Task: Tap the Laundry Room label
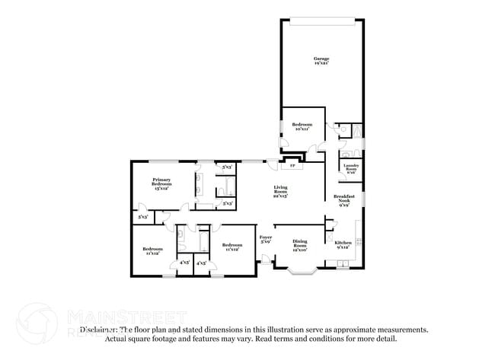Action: click(351, 168)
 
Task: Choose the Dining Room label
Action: click(300, 244)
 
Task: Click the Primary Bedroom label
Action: click(161, 184)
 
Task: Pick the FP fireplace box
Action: click(292, 165)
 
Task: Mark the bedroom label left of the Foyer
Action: click(231, 247)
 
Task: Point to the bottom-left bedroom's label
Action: click(153, 251)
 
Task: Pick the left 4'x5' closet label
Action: click(184, 263)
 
